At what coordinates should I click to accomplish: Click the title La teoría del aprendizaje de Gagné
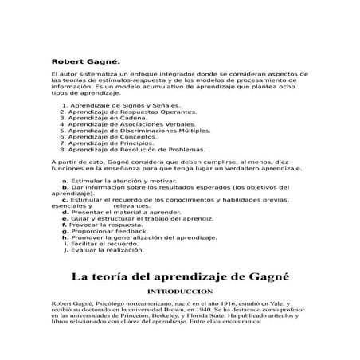(179, 278)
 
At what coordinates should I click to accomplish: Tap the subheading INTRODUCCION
(180, 292)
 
